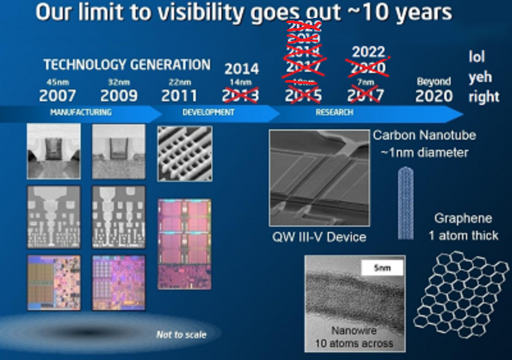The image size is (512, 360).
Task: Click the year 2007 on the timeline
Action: tap(58, 96)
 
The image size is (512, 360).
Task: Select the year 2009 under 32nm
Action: tap(118, 96)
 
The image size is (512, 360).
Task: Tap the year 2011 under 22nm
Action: tap(179, 96)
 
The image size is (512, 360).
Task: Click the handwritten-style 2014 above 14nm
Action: tap(241, 69)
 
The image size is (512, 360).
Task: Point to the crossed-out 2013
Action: tap(241, 96)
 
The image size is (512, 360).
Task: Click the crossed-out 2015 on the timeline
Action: tap(303, 96)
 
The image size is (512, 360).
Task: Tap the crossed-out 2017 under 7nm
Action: tap(365, 96)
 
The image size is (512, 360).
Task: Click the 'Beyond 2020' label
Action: tap(434, 90)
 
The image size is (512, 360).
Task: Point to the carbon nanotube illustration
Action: tap(406, 202)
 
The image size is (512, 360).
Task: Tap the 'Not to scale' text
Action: tap(181, 334)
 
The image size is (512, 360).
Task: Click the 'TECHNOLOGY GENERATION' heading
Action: tap(126, 65)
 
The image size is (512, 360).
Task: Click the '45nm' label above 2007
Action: tap(57, 82)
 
